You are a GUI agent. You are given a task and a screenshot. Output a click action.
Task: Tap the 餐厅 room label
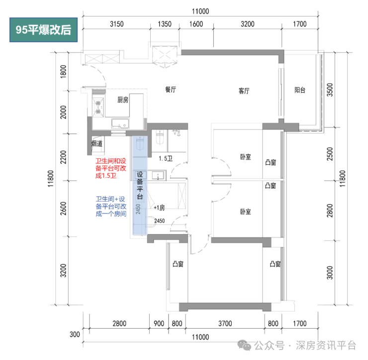tap(171, 90)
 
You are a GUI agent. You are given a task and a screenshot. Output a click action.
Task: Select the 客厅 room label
tap(244, 91)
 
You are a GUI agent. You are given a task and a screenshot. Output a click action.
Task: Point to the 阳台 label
tap(299, 90)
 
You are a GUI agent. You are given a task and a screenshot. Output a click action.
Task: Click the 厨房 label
tap(123, 100)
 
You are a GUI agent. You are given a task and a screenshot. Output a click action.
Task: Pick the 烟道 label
tap(97, 144)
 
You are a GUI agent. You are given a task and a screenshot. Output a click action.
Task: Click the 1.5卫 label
tap(165, 159)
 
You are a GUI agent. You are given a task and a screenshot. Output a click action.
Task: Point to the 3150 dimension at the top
tap(116, 23)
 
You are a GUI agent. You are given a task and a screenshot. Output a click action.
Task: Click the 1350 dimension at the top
tap(165, 23)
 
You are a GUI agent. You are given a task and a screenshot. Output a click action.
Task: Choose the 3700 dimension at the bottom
tap(225, 324)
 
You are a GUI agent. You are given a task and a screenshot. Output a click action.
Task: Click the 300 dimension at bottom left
tap(75, 335)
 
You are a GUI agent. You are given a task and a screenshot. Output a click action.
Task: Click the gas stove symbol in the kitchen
tap(98, 107)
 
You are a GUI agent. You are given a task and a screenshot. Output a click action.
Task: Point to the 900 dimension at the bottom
tap(159, 324)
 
